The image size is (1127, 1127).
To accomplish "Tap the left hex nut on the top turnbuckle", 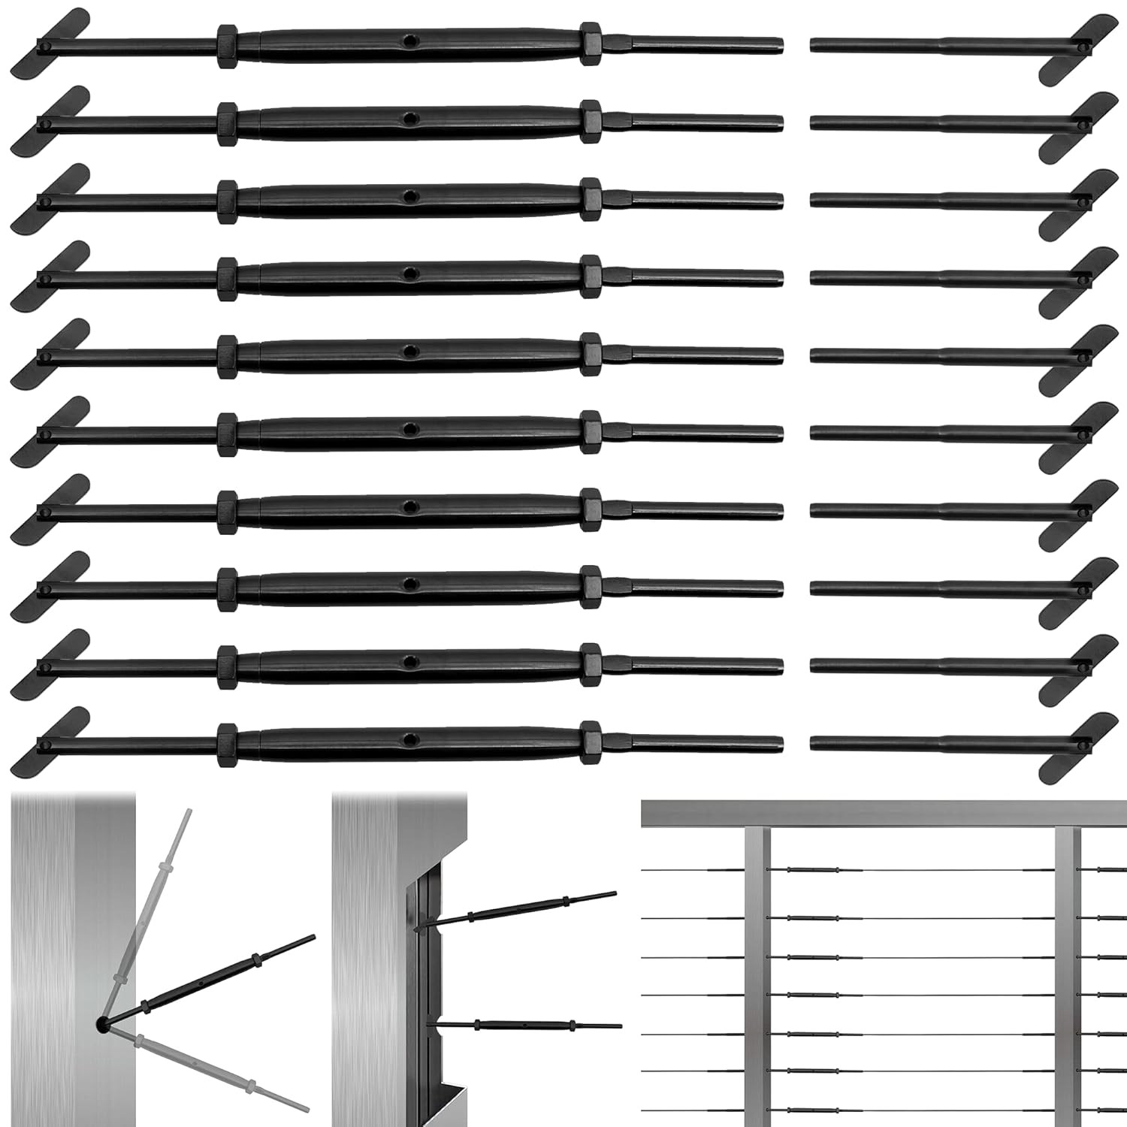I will [x=227, y=47].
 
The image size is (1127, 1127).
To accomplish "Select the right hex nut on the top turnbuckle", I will [x=591, y=44].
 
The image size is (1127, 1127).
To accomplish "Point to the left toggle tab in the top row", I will [x=50, y=44].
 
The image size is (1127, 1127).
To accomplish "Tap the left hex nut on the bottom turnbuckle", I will [x=227, y=745].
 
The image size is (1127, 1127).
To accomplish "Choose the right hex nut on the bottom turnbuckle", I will [x=591, y=740].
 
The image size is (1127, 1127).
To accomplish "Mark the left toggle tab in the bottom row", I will [x=50, y=741].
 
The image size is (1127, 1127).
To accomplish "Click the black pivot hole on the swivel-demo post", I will [x=101, y=1023].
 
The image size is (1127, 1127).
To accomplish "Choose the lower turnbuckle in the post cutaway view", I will [x=526, y=1024].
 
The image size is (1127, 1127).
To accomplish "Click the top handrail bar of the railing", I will [x=884, y=814].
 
